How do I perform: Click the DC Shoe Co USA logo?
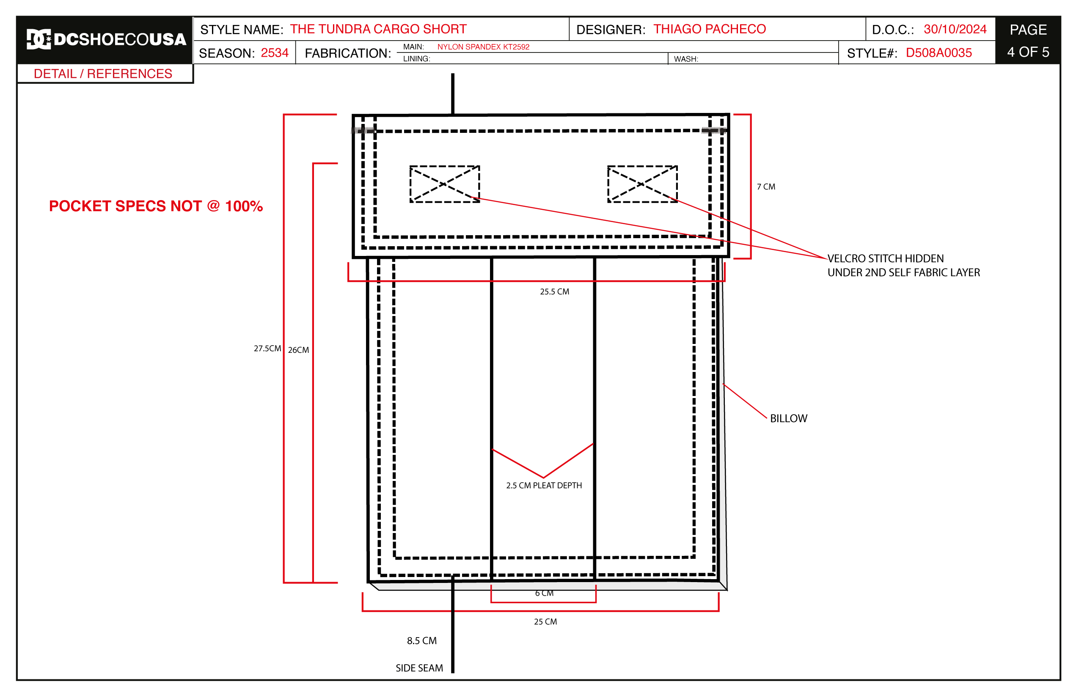pos(107,39)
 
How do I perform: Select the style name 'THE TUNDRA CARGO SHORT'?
pos(378,29)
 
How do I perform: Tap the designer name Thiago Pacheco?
pos(710,29)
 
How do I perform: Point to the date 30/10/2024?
pos(955,30)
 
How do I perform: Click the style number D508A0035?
pos(939,53)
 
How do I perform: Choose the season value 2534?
pos(275,53)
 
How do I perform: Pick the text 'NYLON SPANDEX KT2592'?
pos(483,47)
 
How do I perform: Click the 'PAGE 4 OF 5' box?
pos(1028,40)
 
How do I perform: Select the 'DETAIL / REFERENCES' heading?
pos(103,74)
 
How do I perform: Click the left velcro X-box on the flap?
pos(445,184)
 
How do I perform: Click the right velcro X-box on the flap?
pos(642,184)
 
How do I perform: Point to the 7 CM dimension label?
pos(766,187)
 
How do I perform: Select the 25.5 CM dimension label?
pos(554,291)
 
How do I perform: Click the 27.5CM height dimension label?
pos(267,349)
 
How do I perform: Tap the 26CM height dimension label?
pos(298,350)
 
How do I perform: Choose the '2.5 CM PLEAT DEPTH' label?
pos(544,486)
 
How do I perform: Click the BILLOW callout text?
pos(789,418)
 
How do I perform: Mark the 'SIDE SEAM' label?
pos(419,668)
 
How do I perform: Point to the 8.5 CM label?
pos(421,641)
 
